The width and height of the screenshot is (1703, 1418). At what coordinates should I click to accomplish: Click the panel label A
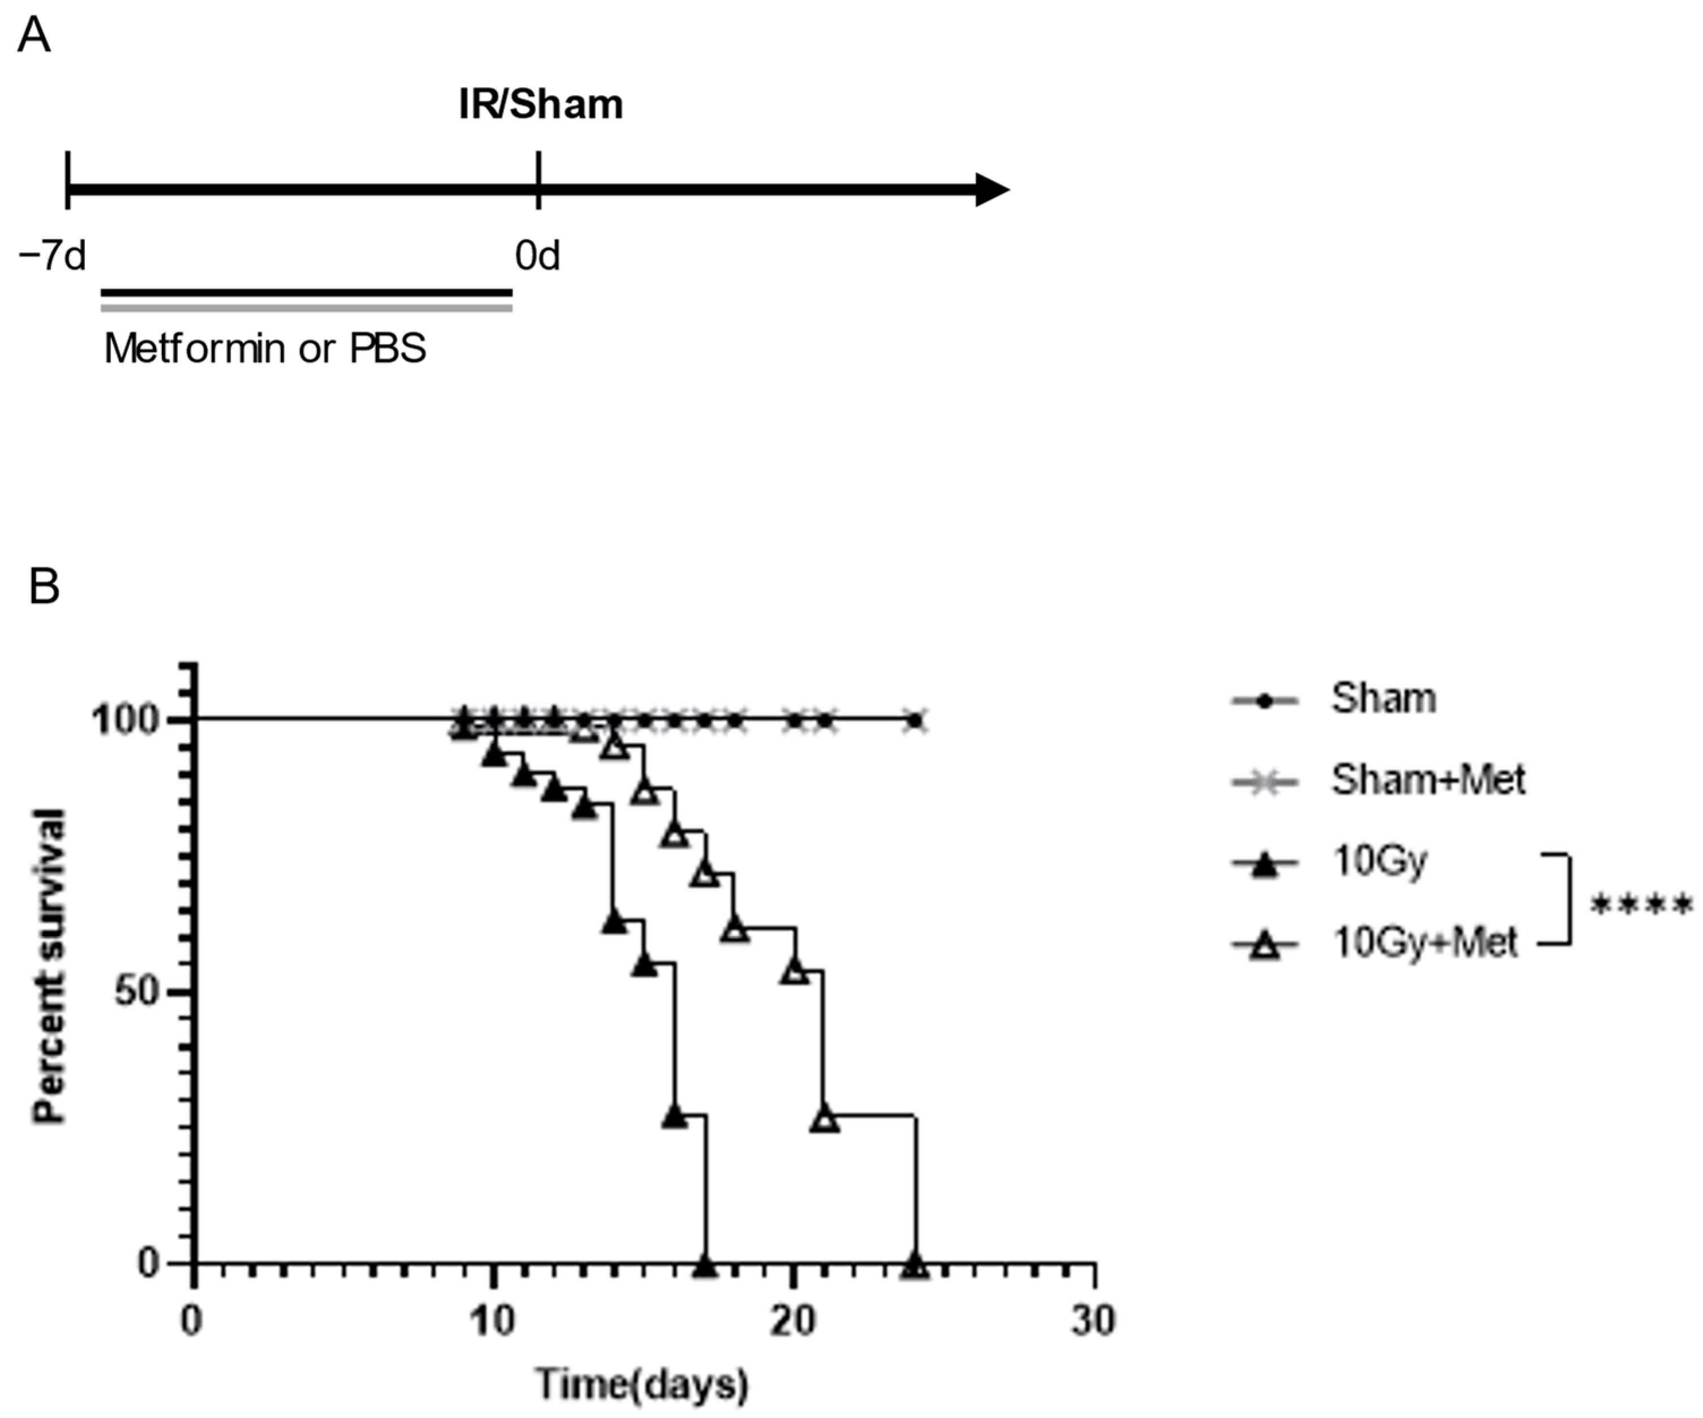[33, 36]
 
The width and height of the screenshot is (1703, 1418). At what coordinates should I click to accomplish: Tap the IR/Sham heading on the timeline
[541, 105]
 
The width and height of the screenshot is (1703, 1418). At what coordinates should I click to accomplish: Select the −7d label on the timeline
[52, 256]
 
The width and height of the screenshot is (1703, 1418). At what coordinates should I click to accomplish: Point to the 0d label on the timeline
[537, 256]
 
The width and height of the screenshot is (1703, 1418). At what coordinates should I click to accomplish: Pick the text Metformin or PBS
[265, 349]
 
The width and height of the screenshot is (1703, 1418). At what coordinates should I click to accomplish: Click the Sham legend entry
[1383, 699]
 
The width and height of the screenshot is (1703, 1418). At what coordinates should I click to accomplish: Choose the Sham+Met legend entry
[1427, 779]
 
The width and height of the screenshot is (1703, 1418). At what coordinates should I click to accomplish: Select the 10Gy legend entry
[1379, 862]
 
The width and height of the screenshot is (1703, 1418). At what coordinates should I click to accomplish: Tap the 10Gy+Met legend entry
[1424, 943]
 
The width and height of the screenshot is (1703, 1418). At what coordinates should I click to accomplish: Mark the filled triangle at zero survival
[706, 1265]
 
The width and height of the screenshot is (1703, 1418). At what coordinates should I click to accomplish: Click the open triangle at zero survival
[916, 1265]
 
